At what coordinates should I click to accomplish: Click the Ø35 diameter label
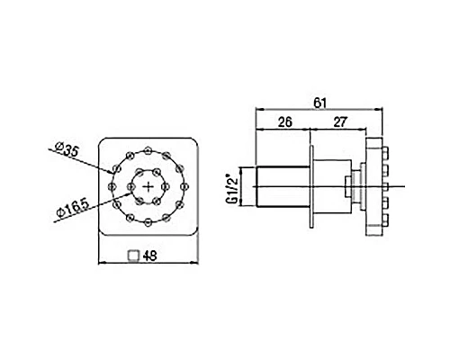(67, 149)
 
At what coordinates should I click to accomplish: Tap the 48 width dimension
(149, 256)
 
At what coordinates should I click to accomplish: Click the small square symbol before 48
(133, 256)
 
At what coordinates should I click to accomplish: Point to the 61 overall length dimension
(319, 103)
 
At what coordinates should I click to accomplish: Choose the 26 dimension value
(284, 122)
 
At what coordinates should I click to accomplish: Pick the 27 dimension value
(340, 122)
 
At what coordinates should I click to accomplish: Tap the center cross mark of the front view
(148, 187)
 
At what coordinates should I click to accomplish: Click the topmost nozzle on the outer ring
(148, 150)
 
